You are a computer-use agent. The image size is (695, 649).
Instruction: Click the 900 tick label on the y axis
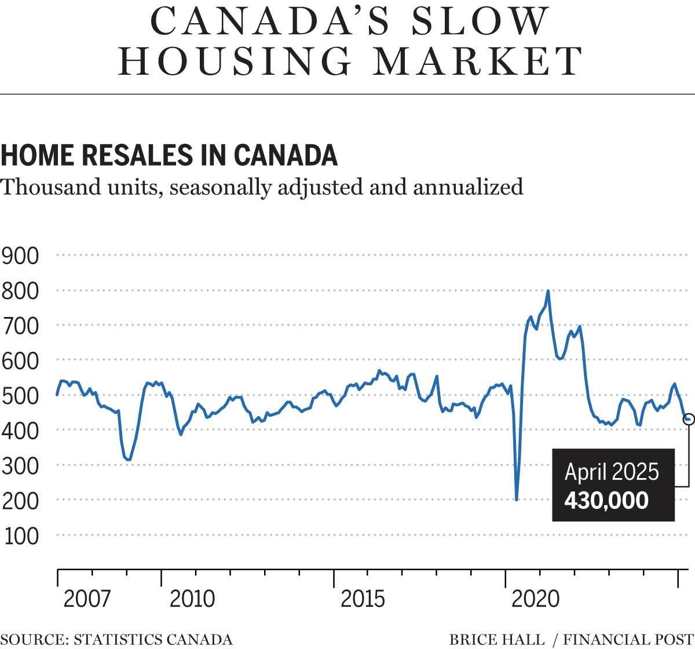(21, 255)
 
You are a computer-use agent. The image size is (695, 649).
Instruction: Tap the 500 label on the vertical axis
(21, 396)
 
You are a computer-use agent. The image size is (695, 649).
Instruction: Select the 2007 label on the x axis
(86, 599)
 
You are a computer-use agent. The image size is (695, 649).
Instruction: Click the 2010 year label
(192, 599)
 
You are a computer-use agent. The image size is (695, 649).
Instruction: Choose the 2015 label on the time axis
(363, 599)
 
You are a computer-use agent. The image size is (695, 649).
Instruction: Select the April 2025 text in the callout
(612, 472)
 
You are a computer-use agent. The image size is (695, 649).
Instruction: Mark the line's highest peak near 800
(548, 291)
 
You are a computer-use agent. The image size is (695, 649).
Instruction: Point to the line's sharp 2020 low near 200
(516, 499)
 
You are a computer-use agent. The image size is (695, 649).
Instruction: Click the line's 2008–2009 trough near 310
(129, 460)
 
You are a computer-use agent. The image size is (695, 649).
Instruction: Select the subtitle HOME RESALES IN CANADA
(169, 155)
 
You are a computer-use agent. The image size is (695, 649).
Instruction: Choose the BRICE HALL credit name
(497, 640)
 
